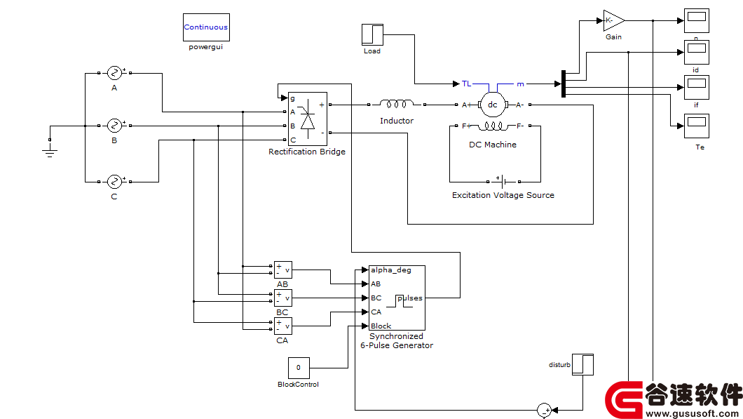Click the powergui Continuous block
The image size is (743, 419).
tap(206, 27)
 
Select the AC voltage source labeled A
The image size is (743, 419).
tap(114, 73)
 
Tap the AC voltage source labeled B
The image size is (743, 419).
tap(114, 126)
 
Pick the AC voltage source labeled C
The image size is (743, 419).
tap(114, 182)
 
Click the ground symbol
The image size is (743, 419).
tap(50, 152)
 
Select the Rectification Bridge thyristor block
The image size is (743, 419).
tap(308, 119)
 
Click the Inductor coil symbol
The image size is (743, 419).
tap(397, 104)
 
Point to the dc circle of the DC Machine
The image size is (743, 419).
tap(493, 105)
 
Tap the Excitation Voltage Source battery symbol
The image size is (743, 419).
tap(503, 181)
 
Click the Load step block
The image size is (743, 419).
tap(372, 34)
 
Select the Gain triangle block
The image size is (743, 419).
tap(613, 20)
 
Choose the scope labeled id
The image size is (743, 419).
tap(697, 52)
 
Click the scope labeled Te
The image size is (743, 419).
tap(697, 126)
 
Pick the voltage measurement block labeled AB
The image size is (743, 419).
tap(283, 270)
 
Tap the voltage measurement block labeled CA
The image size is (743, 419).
tap(283, 326)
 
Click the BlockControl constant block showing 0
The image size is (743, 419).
tap(299, 368)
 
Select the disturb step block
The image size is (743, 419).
tap(583, 364)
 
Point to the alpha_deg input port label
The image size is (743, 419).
tap(391, 270)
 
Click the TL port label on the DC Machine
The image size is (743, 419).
tap(467, 84)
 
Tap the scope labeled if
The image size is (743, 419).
tap(697, 87)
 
